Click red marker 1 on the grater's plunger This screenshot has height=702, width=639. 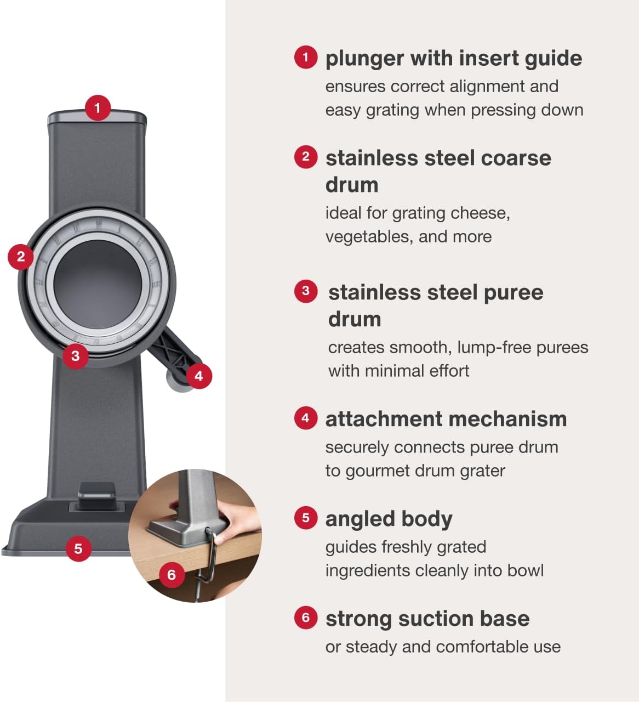click(x=98, y=108)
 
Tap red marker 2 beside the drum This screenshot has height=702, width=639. click(x=21, y=257)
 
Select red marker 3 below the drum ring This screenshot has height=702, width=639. click(x=76, y=356)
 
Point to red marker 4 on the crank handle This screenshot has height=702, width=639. click(x=199, y=376)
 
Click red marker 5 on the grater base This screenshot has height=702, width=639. click(x=78, y=549)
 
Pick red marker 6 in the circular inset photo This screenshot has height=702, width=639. click(x=172, y=575)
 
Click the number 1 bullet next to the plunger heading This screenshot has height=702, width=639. click(x=306, y=57)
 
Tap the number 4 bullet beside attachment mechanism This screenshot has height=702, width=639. click(x=306, y=418)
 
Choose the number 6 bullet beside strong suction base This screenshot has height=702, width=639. click(x=306, y=618)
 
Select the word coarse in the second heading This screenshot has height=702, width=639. click(x=516, y=158)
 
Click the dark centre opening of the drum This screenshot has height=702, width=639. click(x=98, y=284)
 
